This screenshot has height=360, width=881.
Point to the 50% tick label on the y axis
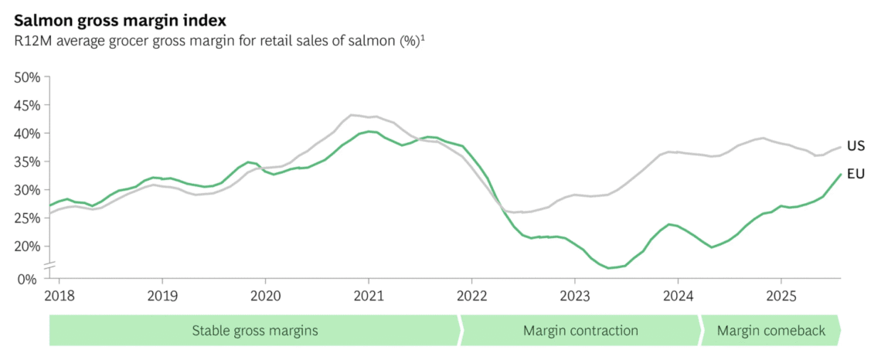(x=28, y=77)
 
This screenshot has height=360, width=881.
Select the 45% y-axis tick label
(x=28, y=105)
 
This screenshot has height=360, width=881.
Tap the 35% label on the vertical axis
(x=28, y=162)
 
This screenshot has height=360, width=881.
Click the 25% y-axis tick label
(x=28, y=219)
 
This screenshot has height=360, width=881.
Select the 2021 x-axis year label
(x=368, y=295)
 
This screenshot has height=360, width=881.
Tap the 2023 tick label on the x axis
(x=574, y=295)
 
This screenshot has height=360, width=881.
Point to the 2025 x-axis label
(x=781, y=295)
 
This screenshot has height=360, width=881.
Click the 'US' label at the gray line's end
(x=855, y=146)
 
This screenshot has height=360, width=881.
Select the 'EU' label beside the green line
(x=855, y=174)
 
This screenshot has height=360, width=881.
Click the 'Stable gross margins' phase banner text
(x=255, y=331)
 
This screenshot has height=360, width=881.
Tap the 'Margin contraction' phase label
(x=580, y=331)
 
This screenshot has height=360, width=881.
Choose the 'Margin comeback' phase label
(x=771, y=331)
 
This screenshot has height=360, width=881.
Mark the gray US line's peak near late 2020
(x=352, y=115)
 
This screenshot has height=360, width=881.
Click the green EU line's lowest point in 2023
(x=609, y=268)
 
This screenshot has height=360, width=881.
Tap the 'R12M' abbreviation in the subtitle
(x=32, y=41)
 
